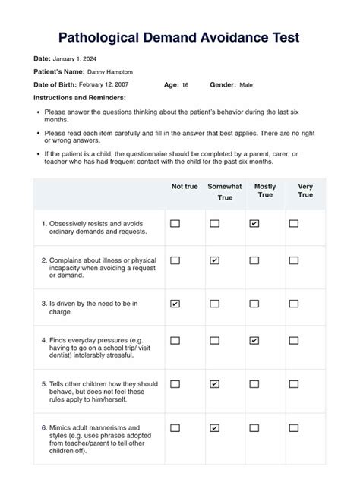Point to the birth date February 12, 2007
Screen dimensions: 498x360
point(105,84)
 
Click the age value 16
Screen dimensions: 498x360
point(185,84)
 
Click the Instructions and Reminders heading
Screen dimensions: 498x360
point(80,98)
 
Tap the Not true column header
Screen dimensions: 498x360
point(185,186)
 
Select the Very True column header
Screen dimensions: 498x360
point(305,191)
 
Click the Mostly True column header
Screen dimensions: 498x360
point(265,191)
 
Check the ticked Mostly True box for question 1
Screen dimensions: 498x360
point(254,224)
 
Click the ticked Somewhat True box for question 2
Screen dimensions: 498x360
point(215,260)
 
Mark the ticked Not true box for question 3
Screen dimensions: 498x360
point(175,304)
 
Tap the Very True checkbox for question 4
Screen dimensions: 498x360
point(294,341)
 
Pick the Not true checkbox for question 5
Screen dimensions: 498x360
point(175,384)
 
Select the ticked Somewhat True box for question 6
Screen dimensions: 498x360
point(215,428)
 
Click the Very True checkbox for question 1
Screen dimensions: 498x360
point(294,224)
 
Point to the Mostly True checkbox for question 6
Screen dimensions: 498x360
point(254,428)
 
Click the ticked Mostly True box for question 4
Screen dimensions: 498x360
point(254,341)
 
